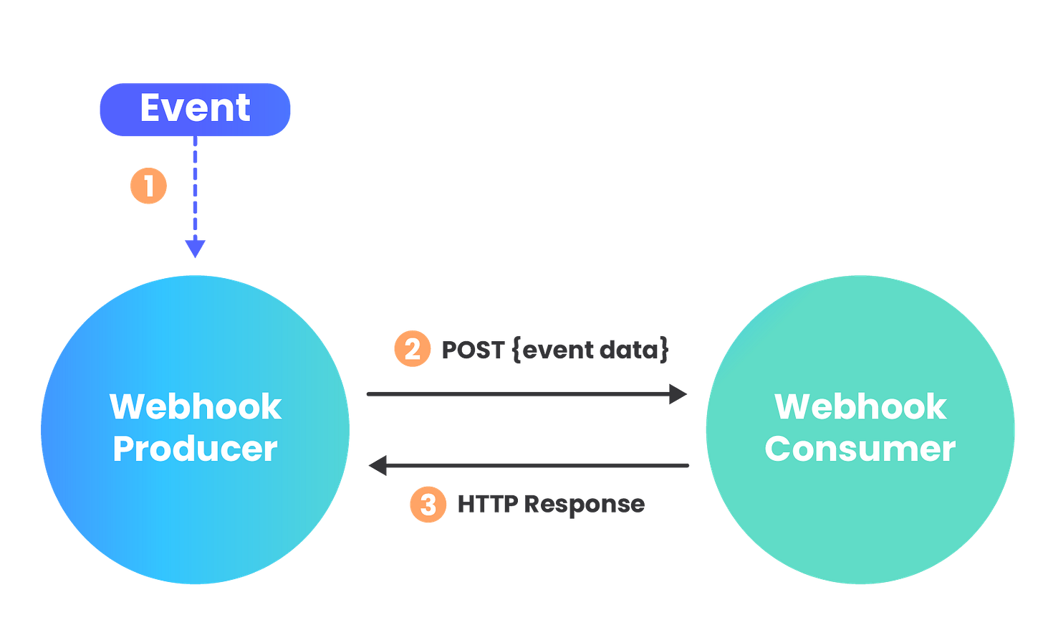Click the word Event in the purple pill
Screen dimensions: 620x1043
pos(195,108)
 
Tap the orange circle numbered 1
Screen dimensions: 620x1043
pos(148,186)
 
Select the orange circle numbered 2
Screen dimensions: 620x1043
pos(412,349)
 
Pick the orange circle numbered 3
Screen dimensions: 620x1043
pos(428,505)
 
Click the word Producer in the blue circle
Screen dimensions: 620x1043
pos(195,449)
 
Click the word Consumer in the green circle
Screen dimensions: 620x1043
pos(860,449)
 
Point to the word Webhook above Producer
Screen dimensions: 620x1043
pos(195,406)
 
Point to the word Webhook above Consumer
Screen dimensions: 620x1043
pos(860,406)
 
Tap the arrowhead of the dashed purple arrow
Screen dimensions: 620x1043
pos(195,249)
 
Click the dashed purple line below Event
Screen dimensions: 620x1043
pos(195,186)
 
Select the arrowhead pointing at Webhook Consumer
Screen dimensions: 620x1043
pos(678,394)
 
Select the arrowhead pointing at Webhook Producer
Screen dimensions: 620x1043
pos(378,466)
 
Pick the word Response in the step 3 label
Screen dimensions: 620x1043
pos(584,505)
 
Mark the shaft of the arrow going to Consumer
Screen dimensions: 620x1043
pos(516,394)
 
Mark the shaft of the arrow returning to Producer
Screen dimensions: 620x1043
pos(537,466)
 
